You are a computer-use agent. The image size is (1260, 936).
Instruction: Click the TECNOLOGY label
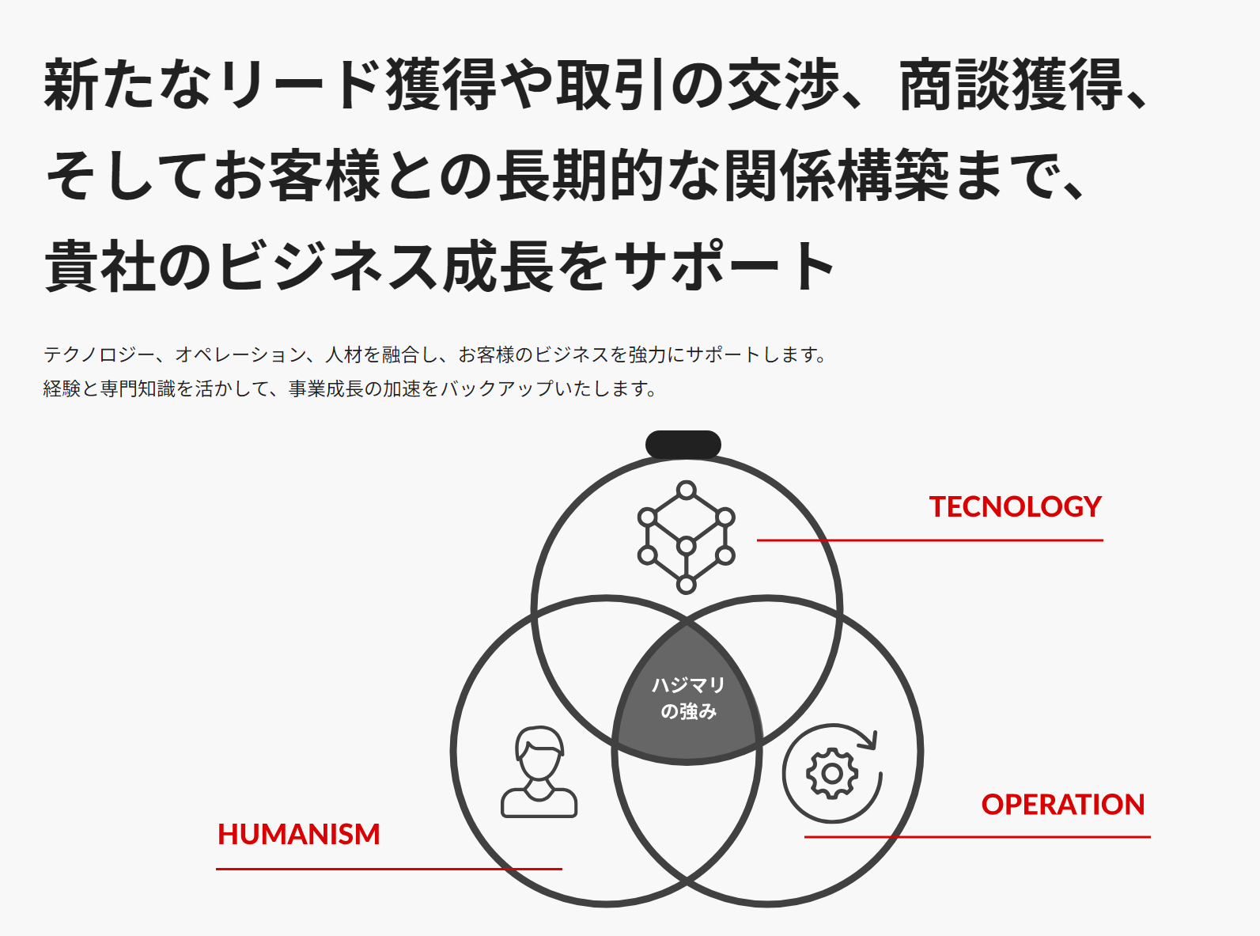1015,506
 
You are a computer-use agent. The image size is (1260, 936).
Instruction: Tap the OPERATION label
1063,804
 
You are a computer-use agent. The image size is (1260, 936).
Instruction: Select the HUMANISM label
299,834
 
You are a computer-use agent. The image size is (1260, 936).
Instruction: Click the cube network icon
687,537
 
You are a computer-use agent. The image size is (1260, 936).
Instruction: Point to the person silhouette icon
539,771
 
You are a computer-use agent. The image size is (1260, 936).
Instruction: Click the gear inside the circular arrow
832,774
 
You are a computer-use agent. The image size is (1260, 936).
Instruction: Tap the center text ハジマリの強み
688,698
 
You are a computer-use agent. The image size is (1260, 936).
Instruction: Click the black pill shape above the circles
683,445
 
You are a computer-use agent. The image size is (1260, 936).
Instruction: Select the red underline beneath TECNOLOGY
930,540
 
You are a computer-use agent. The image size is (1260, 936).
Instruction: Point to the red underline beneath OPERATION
977,836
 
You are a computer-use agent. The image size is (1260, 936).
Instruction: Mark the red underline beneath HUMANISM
389,869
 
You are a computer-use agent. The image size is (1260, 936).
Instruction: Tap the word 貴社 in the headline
100,265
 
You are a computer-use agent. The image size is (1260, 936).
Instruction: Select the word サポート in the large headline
725,265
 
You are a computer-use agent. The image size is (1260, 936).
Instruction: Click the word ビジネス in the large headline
330,265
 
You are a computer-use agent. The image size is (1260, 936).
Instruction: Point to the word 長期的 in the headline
580,175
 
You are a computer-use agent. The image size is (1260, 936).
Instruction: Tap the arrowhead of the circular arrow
870,740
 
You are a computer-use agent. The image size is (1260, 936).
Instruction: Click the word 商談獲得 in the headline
1011,85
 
